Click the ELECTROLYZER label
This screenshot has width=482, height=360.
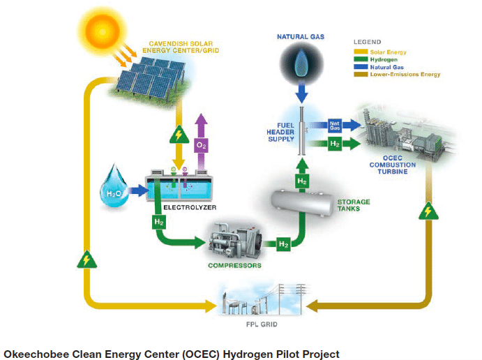point(187,207)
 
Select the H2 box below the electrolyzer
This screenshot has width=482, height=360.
point(158,223)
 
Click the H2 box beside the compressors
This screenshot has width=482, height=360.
point(283,244)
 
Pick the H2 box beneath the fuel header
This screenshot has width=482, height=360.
point(301,181)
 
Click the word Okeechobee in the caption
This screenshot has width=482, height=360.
point(36,353)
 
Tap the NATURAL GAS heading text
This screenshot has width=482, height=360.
point(301,36)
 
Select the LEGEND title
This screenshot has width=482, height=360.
point(367,42)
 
